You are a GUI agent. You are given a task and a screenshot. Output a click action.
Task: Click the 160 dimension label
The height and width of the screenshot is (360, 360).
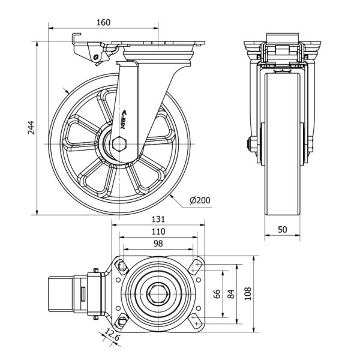(103, 22)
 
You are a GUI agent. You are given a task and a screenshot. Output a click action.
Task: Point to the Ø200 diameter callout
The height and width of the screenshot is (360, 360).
(199, 200)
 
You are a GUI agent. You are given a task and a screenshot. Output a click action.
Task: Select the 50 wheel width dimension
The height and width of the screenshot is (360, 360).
(281, 229)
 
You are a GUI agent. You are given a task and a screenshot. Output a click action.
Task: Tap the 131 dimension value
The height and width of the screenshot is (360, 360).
(158, 219)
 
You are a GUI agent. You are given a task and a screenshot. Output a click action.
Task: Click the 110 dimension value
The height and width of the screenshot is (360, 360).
(158, 231)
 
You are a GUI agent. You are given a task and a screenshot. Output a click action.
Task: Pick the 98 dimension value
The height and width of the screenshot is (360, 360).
(158, 243)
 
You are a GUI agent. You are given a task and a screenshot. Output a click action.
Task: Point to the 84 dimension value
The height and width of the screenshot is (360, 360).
(231, 293)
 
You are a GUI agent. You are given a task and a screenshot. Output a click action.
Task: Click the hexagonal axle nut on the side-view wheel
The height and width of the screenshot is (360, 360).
(118, 143)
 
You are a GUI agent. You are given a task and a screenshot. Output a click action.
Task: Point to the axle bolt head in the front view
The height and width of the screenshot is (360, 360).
(247, 143)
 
